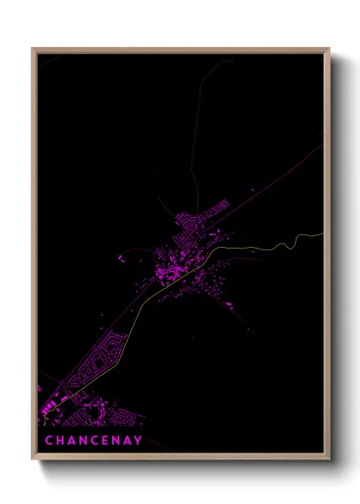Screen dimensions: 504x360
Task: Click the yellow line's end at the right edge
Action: (x=322, y=233)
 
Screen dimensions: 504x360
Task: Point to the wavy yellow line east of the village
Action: (x=274, y=244)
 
